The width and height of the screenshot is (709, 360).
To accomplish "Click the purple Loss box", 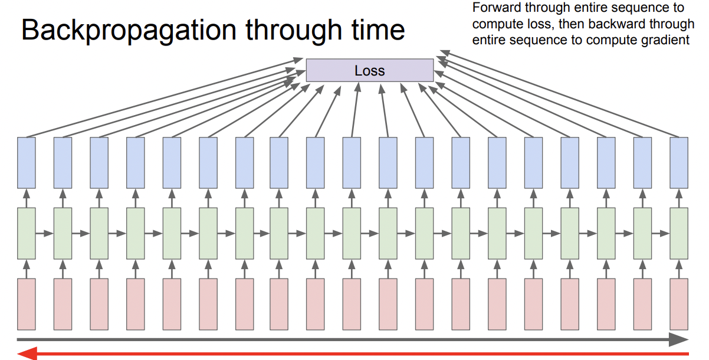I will point(369,71).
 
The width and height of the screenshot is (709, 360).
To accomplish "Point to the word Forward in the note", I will point(494,8).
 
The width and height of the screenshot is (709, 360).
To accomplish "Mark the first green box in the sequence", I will point(27,233).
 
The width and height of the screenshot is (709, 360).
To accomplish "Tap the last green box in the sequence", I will point(679,233).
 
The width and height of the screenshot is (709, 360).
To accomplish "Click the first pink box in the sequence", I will point(27,304).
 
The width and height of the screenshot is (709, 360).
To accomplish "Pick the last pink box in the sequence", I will point(679,304).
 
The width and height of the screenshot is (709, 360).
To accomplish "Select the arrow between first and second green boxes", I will point(44,234).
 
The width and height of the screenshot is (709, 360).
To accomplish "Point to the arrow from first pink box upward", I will point(27,269).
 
